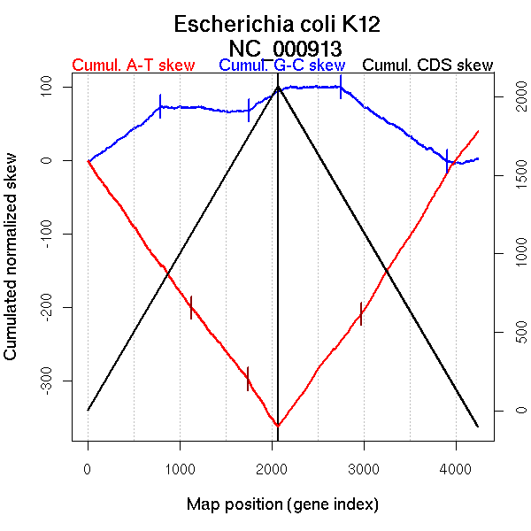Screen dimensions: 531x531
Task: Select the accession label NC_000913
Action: click(285, 47)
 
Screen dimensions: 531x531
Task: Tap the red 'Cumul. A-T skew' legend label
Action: click(133, 66)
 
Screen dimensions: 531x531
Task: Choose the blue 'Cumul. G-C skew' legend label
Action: click(281, 66)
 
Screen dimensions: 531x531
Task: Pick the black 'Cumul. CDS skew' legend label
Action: click(428, 66)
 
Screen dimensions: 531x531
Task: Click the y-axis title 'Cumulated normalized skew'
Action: click(12, 266)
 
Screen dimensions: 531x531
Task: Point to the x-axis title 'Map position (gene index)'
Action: click(282, 504)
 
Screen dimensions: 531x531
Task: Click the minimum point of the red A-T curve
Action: click(278, 426)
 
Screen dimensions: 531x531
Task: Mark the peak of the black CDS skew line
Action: click(278, 88)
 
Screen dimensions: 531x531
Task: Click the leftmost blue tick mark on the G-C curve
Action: click(160, 106)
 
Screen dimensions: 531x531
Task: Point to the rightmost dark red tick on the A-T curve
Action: click(361, 313)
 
